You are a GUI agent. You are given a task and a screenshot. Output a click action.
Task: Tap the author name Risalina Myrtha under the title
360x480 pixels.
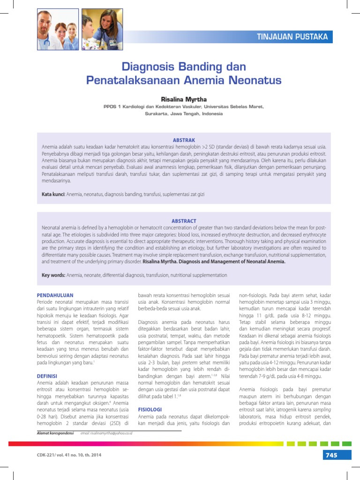pos(184,99)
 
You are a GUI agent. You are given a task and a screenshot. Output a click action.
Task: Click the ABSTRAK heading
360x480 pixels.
pos(184,140)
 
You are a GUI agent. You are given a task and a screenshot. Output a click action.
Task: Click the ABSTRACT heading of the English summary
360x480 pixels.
pos(184,221)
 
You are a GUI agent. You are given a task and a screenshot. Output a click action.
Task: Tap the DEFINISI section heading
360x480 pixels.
pos(47,376)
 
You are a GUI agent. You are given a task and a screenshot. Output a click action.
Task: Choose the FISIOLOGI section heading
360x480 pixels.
pos(150,409)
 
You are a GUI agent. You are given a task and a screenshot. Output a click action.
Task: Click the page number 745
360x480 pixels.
pos(330,455)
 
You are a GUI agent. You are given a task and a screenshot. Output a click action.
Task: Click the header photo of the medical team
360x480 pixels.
pos(57,30)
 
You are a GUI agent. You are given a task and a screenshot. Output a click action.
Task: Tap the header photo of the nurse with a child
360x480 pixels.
pos(102,30)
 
